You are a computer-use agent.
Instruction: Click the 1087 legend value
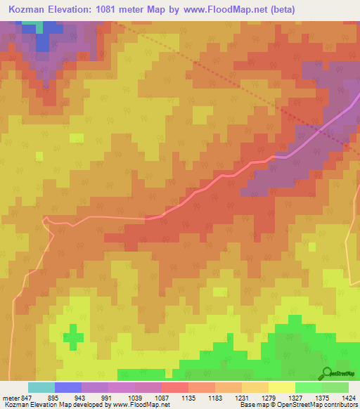[x=162, y=397]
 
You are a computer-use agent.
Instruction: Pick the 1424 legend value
[x=349, y=397]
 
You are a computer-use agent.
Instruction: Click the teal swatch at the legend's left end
[x=41, y=387]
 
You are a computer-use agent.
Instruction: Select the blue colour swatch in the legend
[x=68, y=387]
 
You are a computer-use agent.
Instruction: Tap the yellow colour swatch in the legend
[x=281, y=387]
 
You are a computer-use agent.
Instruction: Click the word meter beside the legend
[x=7, y=397]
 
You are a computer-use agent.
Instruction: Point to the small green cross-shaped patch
[x=72, y=336]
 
